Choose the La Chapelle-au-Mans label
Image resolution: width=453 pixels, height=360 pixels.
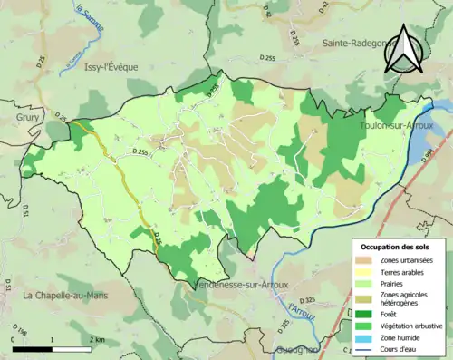pyautogui.click(x=60, y=296)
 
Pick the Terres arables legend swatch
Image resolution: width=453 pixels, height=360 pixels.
pyautogui.click(x=368, y=273)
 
